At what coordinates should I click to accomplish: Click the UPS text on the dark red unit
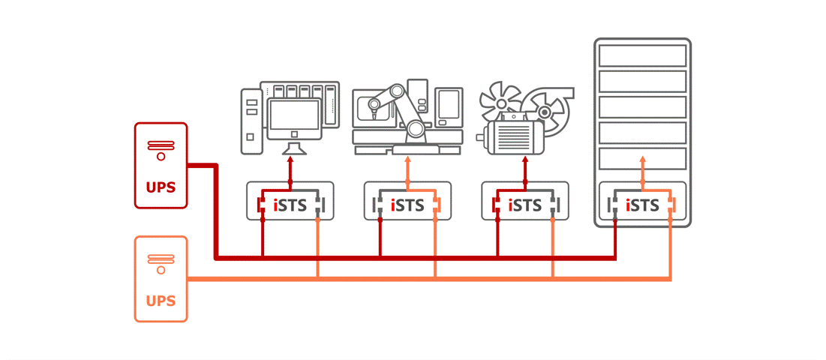pos(161,185)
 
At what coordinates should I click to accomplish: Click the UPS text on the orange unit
pos(161,301)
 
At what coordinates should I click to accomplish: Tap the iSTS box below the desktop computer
pos(290,204)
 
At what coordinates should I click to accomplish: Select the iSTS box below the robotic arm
pos(407,204)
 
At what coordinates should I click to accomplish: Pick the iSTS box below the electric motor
pos(524,204)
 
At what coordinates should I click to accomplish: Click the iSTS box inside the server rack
pos(642,204)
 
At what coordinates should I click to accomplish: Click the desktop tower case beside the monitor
pos(252,120)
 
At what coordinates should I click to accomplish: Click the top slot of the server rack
pos(642,55)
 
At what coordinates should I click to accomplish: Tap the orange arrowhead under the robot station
pos(407,160)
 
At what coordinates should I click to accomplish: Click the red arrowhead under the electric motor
pos(524,160)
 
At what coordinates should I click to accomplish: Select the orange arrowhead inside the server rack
pos(642,160)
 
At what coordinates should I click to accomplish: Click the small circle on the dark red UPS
pos(161,157)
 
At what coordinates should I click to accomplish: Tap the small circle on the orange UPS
pos(161,271)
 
